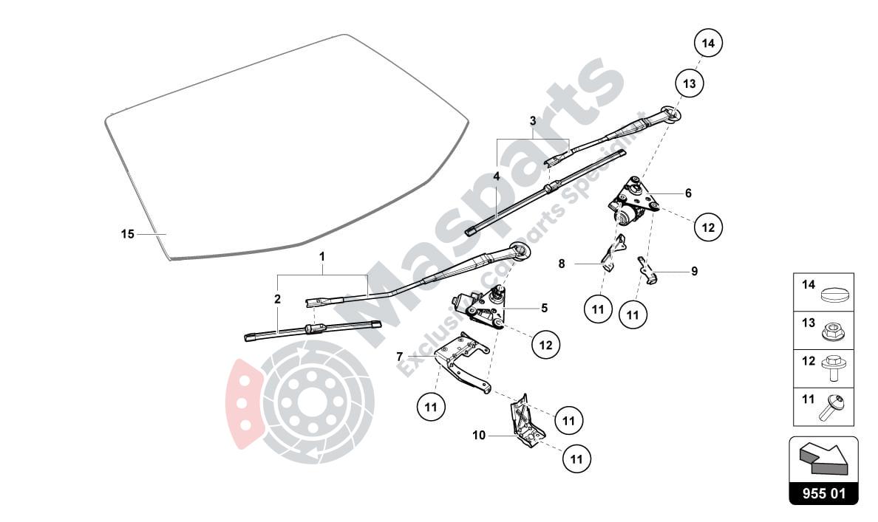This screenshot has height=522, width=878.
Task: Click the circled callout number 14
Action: pyautogui.click(x=708, y=44)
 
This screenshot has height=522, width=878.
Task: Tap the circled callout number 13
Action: pyautogui.click(x=689, y=83)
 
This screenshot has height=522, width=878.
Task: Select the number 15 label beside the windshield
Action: pyautogui.click(x=127, y=234)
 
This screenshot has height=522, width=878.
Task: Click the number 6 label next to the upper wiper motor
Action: pyautogui.click(x=688, y=193)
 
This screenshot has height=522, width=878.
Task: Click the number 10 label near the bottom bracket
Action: pyautogui.click(x=479, y=436)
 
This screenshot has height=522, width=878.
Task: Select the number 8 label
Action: pyautogui.click(x=561, y=263)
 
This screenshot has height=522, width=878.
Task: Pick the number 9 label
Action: pyautogui.click(x=694, y=271)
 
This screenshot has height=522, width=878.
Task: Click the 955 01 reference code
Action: pyautogui.click(x=823, y=493)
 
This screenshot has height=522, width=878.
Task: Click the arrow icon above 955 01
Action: pyautogui.click(x=823, y=459)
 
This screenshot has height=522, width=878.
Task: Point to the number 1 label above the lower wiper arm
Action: pyautogui.click(x=322, y=256)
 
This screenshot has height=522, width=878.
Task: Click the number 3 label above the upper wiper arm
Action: pyautogui.click(x=532, y=120)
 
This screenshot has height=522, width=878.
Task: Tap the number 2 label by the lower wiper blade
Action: pyautogui.click(x=277, y=299)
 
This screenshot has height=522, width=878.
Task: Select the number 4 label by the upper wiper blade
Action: pyautogui.click(x=497, y=176)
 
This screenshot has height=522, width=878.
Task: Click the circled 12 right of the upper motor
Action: pyautogui.click(x=708, y=228)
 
